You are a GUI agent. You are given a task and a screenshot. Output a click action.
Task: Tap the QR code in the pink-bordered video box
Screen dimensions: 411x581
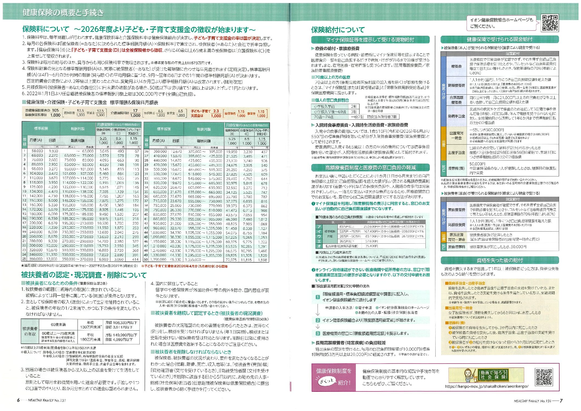[544, 377]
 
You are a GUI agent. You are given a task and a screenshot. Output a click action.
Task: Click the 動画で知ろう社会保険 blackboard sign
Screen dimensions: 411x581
[493, 375]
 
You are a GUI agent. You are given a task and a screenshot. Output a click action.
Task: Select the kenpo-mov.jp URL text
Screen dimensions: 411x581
[487, 386]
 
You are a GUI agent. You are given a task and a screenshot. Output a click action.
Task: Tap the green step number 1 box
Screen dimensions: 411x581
[318, 297]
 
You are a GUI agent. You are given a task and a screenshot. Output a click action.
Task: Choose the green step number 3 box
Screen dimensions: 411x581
[318, 333]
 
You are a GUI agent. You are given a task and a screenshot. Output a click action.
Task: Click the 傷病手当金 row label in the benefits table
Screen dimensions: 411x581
[456, 116]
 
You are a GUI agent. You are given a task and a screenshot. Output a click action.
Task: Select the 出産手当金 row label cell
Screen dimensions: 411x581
[456, 153]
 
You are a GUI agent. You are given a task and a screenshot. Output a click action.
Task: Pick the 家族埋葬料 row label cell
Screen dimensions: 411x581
[456, 247]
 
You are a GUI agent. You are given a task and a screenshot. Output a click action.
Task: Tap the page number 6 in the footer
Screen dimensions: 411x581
[18, 400]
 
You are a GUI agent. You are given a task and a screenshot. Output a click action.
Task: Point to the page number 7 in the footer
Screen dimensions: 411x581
[561, 401]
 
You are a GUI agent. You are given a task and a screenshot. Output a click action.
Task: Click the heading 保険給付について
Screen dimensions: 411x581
[338, 30]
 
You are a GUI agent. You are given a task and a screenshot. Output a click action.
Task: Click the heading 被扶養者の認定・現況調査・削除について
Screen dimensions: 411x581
[84, 275]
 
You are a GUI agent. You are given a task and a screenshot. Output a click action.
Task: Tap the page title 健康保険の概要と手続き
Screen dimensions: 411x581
[63, 12]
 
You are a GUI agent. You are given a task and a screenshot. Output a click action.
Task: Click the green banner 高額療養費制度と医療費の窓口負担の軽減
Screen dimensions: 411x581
[370, 168]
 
